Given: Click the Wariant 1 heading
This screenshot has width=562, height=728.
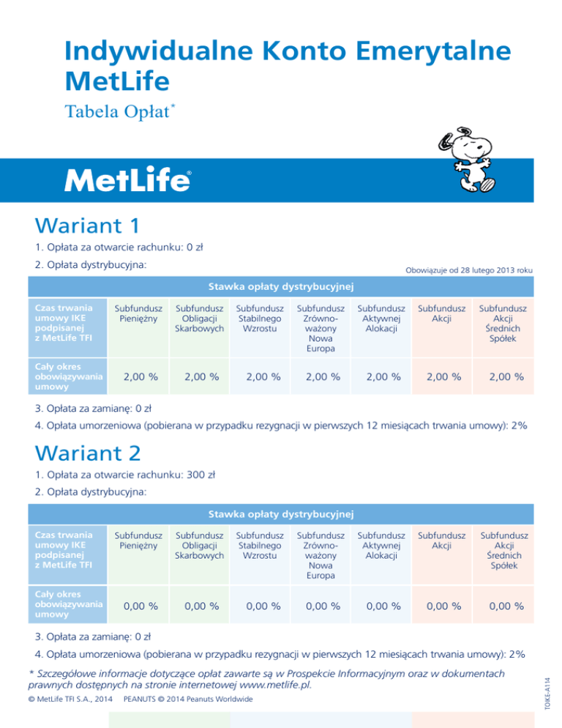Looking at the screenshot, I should pyautogui.click(x=87, y=222).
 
